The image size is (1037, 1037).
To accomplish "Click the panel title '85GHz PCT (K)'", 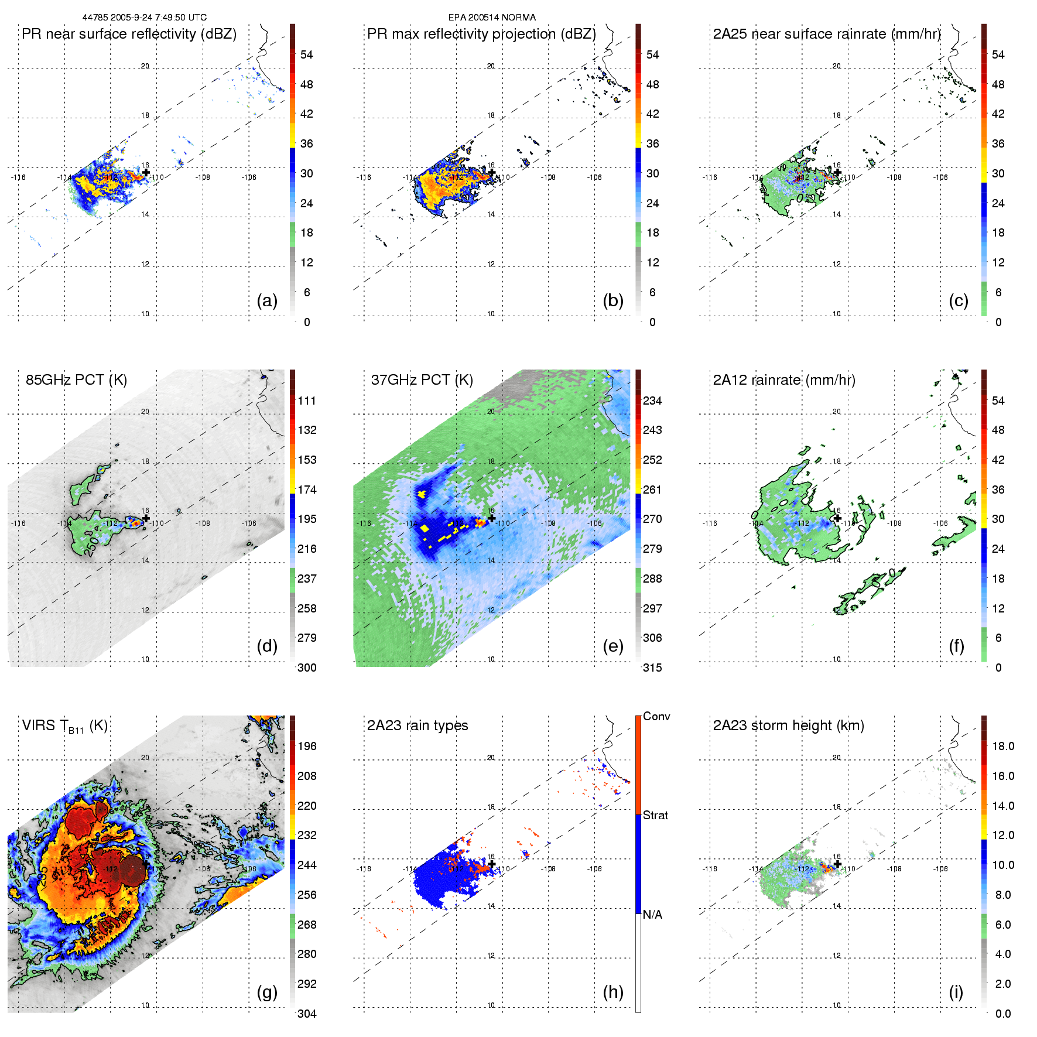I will pyautogui.click(x=76, y=380).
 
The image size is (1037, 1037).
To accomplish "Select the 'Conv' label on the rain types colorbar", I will pyautogui.click(x=656, y=716).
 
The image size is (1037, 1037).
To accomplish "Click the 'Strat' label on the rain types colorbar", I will pyautogui.click(x=655, y=815).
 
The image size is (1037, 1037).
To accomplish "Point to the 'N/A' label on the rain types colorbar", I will pyautogui.click(x=652, y=915).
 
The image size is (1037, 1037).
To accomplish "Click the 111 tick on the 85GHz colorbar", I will pyautogui.click(x=307, y=401).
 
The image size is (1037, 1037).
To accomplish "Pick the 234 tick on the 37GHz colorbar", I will pyautogui.click(x=652, y=401).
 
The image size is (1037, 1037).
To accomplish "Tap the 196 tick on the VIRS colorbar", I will pyautogui.click(x=307, y=746).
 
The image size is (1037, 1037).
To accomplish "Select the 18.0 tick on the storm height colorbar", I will pyautogui.click(x=1002, y=746).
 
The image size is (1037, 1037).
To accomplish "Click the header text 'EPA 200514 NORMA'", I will pyautogui.click(x=492, y=18).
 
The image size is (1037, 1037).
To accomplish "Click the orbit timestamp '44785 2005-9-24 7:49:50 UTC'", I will pyautogui.click(x=145, y=18).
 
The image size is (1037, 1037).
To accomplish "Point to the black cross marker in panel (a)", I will pyautogui.click(x=146, y=172).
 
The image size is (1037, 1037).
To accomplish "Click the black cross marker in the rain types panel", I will pyautogui.click(x=492, y=864).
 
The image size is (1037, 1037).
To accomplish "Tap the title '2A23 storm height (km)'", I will pyautogui.click(x=788, y=725).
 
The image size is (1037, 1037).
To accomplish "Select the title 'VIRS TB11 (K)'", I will pyautogui.click(x=64, y=726).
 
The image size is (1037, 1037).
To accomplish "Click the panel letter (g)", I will pyautogui.click(x=267, y=992).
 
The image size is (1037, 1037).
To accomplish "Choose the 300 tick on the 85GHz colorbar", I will pyautogui.click(x=307, y=668).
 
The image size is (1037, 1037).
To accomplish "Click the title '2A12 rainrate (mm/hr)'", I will pyautogui.click(x=784, y=380).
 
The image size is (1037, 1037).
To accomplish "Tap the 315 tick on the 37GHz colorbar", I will pyautogui.click(x=652, y=668).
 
